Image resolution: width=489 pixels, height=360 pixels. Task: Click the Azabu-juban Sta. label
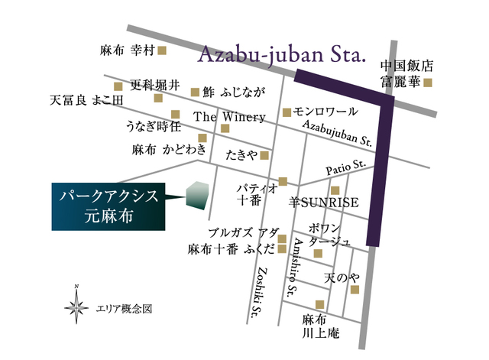[x=283, y=55]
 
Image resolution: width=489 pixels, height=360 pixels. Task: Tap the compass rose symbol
[x=76, y=307]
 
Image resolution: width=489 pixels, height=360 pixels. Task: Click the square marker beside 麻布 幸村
[x=161, y=51]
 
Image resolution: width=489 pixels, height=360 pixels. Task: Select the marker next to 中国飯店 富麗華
[x=428, y=83]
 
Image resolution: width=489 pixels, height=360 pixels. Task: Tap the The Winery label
[x=229, y=118]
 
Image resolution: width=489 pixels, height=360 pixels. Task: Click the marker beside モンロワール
[x=287, y=112]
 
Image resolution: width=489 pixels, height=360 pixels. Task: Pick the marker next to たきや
[x=264, y=155]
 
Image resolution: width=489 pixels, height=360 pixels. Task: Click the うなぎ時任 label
[x=154, y=126]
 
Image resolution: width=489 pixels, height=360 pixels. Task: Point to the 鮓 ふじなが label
[x=234, y=93]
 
